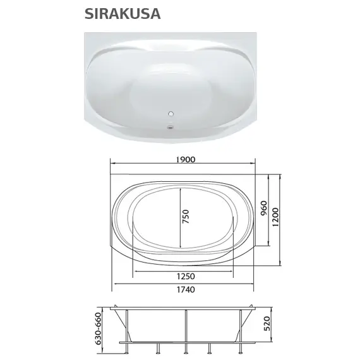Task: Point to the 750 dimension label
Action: point(185,218)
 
